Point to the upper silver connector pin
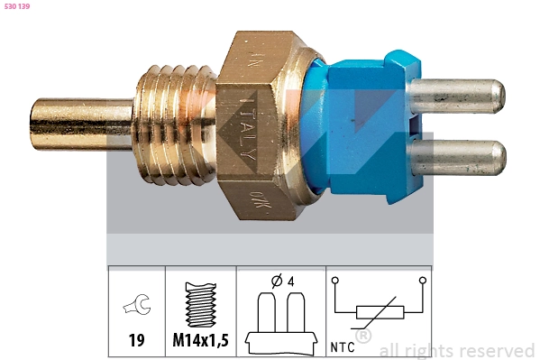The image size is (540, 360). click(458, 96)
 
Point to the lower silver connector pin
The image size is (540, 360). click(458, 157)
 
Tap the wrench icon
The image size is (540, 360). click(137, 306)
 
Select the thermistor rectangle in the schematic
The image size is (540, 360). click(380, 313)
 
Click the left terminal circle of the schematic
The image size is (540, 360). click(335, 281)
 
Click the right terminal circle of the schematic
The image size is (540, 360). click(422, 281)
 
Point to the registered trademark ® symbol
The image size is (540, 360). click(363, 336)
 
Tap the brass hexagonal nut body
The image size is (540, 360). click(261, 126)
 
